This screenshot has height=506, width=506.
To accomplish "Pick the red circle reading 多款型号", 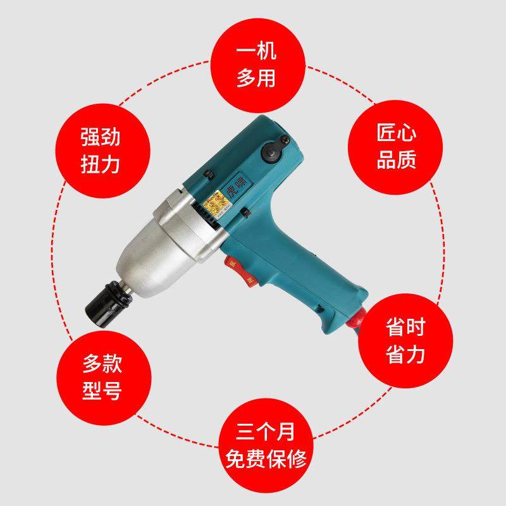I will point(101,377).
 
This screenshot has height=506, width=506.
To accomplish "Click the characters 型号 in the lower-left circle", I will point(101,391).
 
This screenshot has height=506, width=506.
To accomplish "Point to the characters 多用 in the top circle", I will point(257,78).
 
